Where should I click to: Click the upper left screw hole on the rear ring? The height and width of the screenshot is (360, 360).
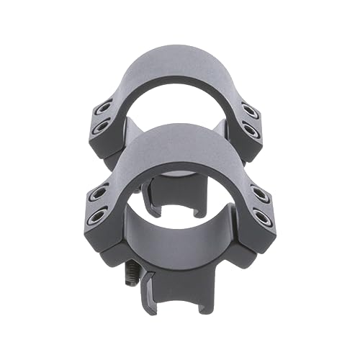[x=106, y=109]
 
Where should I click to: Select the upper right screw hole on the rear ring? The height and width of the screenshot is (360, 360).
[x=249, y=110]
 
